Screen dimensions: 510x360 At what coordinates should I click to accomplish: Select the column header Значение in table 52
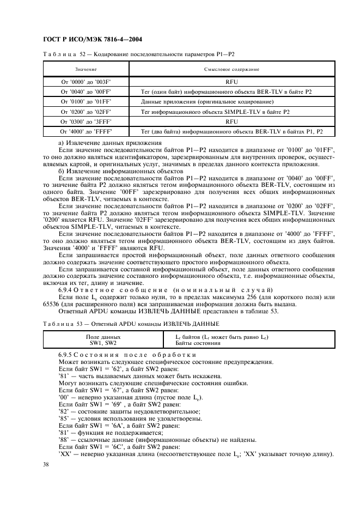(x=86, y=70)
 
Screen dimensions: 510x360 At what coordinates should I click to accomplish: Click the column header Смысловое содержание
(x=231, y=70)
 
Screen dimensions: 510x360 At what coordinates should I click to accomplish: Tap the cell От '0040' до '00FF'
(x=86, y=92)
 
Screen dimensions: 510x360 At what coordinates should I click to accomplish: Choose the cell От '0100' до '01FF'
(x=86, y=102)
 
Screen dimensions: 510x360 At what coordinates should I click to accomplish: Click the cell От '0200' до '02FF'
(x=86, y=112)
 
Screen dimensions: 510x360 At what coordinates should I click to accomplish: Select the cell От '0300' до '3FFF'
(x=86, y=122)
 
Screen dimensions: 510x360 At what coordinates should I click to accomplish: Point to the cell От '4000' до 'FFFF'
(x=86, y=131)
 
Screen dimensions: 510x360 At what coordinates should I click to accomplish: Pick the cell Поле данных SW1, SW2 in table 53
(x=103, y=341)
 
